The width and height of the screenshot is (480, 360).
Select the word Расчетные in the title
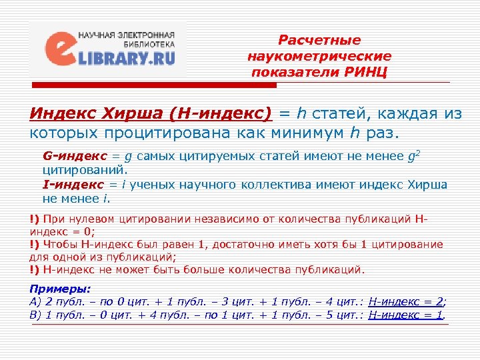tap(319, 41)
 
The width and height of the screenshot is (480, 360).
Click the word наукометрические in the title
tap(319, 56)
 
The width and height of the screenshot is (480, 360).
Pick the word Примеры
tap(60, 289)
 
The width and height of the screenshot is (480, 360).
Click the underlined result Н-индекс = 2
tap(406, 301)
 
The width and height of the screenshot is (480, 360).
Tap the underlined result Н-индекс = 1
tap(405, 314)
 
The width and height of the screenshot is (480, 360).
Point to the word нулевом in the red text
tap(89, 218)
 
